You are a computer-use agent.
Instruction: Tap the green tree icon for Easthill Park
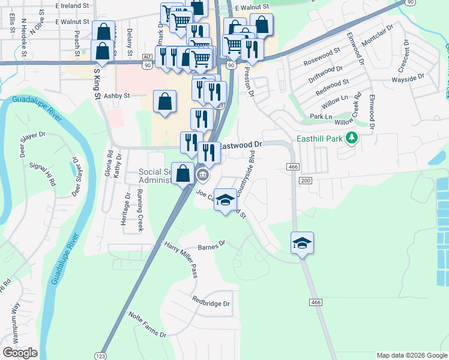click(x=352, y=139)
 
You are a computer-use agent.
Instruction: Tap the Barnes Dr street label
click(x=211, y=245)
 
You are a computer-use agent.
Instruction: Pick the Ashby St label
click(x=117, y=95)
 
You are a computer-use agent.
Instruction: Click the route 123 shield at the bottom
click(x=100, y=355)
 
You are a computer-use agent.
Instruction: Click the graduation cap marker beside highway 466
click(x=303, y=243)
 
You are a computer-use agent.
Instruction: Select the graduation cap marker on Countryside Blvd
click(x=225, y=200)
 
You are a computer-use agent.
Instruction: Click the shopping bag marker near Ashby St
click(x=164, y=101)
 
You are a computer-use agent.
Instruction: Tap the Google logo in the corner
click(x=20, y=352)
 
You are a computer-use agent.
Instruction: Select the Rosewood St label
click(x=322, y=62)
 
